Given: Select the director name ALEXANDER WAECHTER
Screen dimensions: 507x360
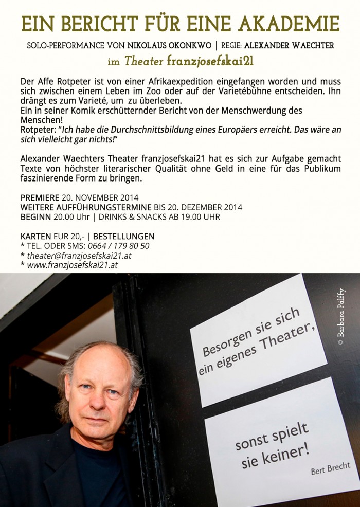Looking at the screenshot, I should click(289, 45).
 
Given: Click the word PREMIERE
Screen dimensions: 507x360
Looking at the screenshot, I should click(40, 197).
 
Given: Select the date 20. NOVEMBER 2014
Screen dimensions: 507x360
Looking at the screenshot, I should click(100, 197).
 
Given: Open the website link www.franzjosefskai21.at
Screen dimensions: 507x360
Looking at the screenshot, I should click(72, 265).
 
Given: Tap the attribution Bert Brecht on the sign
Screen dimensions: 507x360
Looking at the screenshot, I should click(330, 468).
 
